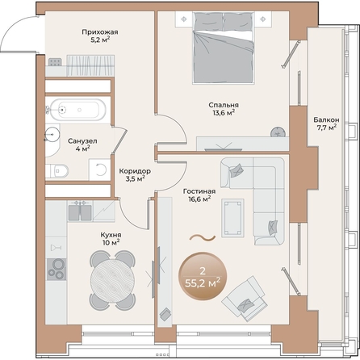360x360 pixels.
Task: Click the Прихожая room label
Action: click(x=100, y=32)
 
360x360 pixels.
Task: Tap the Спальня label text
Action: click(x=224, y=105)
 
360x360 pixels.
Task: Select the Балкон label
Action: click(x=326, y=119)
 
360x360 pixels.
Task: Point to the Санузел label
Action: click(x=82, y=141)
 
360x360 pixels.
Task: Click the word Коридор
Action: click(x=135, y=171)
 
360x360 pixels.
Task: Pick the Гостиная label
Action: click(x=199, y=191)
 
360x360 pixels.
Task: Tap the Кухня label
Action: click(x=111, y=235)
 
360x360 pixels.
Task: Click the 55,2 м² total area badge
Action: click(x=203, y=276)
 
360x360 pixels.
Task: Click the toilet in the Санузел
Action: click(x=57, y=171)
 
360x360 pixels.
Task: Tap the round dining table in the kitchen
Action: click(x=112, y=280)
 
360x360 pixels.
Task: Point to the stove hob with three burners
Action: click(x=57, y=269)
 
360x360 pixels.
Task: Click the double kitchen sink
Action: click(x=80, y=211)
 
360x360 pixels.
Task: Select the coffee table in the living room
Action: click(x=232, y=218)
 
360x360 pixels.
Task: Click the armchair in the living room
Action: click(x=245, y=299)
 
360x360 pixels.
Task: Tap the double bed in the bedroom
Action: click(x=224, y=48)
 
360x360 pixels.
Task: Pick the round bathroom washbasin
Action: click(x=52, y=134)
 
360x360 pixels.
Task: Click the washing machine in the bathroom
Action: click(x=100, y=170)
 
